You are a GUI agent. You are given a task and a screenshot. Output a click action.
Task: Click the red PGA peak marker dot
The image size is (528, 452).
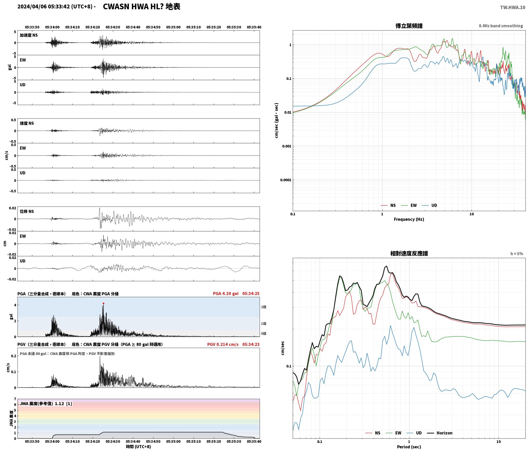[x=103, y=304]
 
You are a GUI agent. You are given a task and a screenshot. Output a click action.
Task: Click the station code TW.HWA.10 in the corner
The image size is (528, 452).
[x=513, y=7]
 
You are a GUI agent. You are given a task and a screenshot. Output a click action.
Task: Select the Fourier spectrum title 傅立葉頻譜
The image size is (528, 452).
[x=409, y=26]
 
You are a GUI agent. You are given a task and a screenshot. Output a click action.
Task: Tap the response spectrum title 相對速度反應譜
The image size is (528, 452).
[x=409, y=253]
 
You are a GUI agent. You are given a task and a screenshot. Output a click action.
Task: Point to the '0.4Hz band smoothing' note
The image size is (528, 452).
[x=501, y=26]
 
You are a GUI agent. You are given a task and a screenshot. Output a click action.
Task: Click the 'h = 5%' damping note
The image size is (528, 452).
[x=517, y=254]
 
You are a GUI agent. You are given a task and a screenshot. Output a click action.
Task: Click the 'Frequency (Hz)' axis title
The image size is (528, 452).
[x=409, y=219]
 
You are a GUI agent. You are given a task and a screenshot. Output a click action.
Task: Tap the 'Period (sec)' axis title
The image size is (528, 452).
[x=409, y=447]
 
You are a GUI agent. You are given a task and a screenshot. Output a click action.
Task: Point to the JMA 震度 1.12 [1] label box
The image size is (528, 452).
[x=46, y=404]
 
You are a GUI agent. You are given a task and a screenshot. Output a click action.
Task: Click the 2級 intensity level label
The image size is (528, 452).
[x=263, y=307]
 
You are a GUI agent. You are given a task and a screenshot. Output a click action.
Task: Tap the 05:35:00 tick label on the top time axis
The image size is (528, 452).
[x=173, y=27]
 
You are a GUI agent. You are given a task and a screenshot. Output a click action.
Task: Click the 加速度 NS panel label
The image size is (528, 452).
[x=29, y=35]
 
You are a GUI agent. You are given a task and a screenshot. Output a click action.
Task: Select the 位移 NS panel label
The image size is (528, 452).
[x=27, y=211]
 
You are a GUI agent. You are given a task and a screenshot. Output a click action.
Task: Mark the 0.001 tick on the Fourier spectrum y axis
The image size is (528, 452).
[x=287, y=146]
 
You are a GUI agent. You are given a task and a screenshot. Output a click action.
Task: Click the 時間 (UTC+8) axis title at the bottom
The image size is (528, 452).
[x=138, y=447]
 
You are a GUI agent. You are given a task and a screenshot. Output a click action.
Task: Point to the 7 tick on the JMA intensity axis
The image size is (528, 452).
[x=15, y=399]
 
